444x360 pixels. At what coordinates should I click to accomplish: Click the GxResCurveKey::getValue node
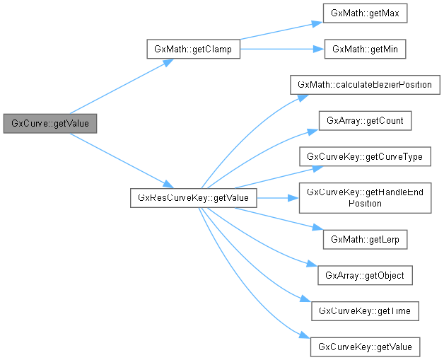click(x=193, y=198)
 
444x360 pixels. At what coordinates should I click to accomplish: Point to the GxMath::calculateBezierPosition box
click(x=365, y=85)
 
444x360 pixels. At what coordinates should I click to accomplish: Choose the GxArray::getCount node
click(x=365, y=121)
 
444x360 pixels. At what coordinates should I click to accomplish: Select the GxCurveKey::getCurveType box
click(x=365, y=156)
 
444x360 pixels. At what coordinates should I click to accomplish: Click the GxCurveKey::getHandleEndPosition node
click(x=365, y=197)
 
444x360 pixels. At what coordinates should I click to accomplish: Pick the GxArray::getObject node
click(x=365, y=274)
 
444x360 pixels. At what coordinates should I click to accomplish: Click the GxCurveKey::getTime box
click(x=365, y=310)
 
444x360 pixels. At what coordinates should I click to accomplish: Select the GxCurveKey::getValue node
click(x=365, y=347)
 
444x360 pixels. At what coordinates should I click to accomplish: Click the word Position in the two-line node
click(x=365, y=203)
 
